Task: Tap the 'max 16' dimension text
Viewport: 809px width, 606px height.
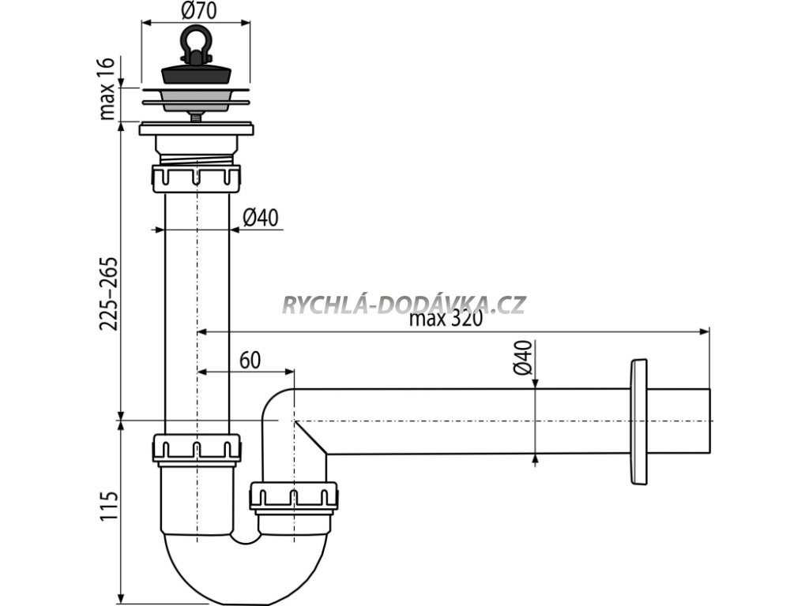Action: point(109,88)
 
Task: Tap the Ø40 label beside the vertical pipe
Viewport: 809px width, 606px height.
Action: point(261,218)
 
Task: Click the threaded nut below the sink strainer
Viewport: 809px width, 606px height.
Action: point(195,178)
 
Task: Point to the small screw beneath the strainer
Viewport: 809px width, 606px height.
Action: point(195,115)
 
